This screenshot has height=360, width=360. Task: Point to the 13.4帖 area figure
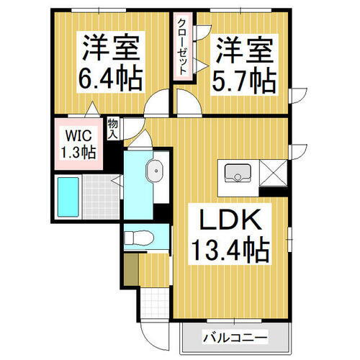pyautogui.click(x=230, y=250)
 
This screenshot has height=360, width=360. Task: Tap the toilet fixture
pyautogui.click(x=142, y=237)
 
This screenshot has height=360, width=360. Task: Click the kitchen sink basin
pyautogui.click(x=238, y=173)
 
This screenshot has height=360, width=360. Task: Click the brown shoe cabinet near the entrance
pyautogui.click(x=130, y=269)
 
